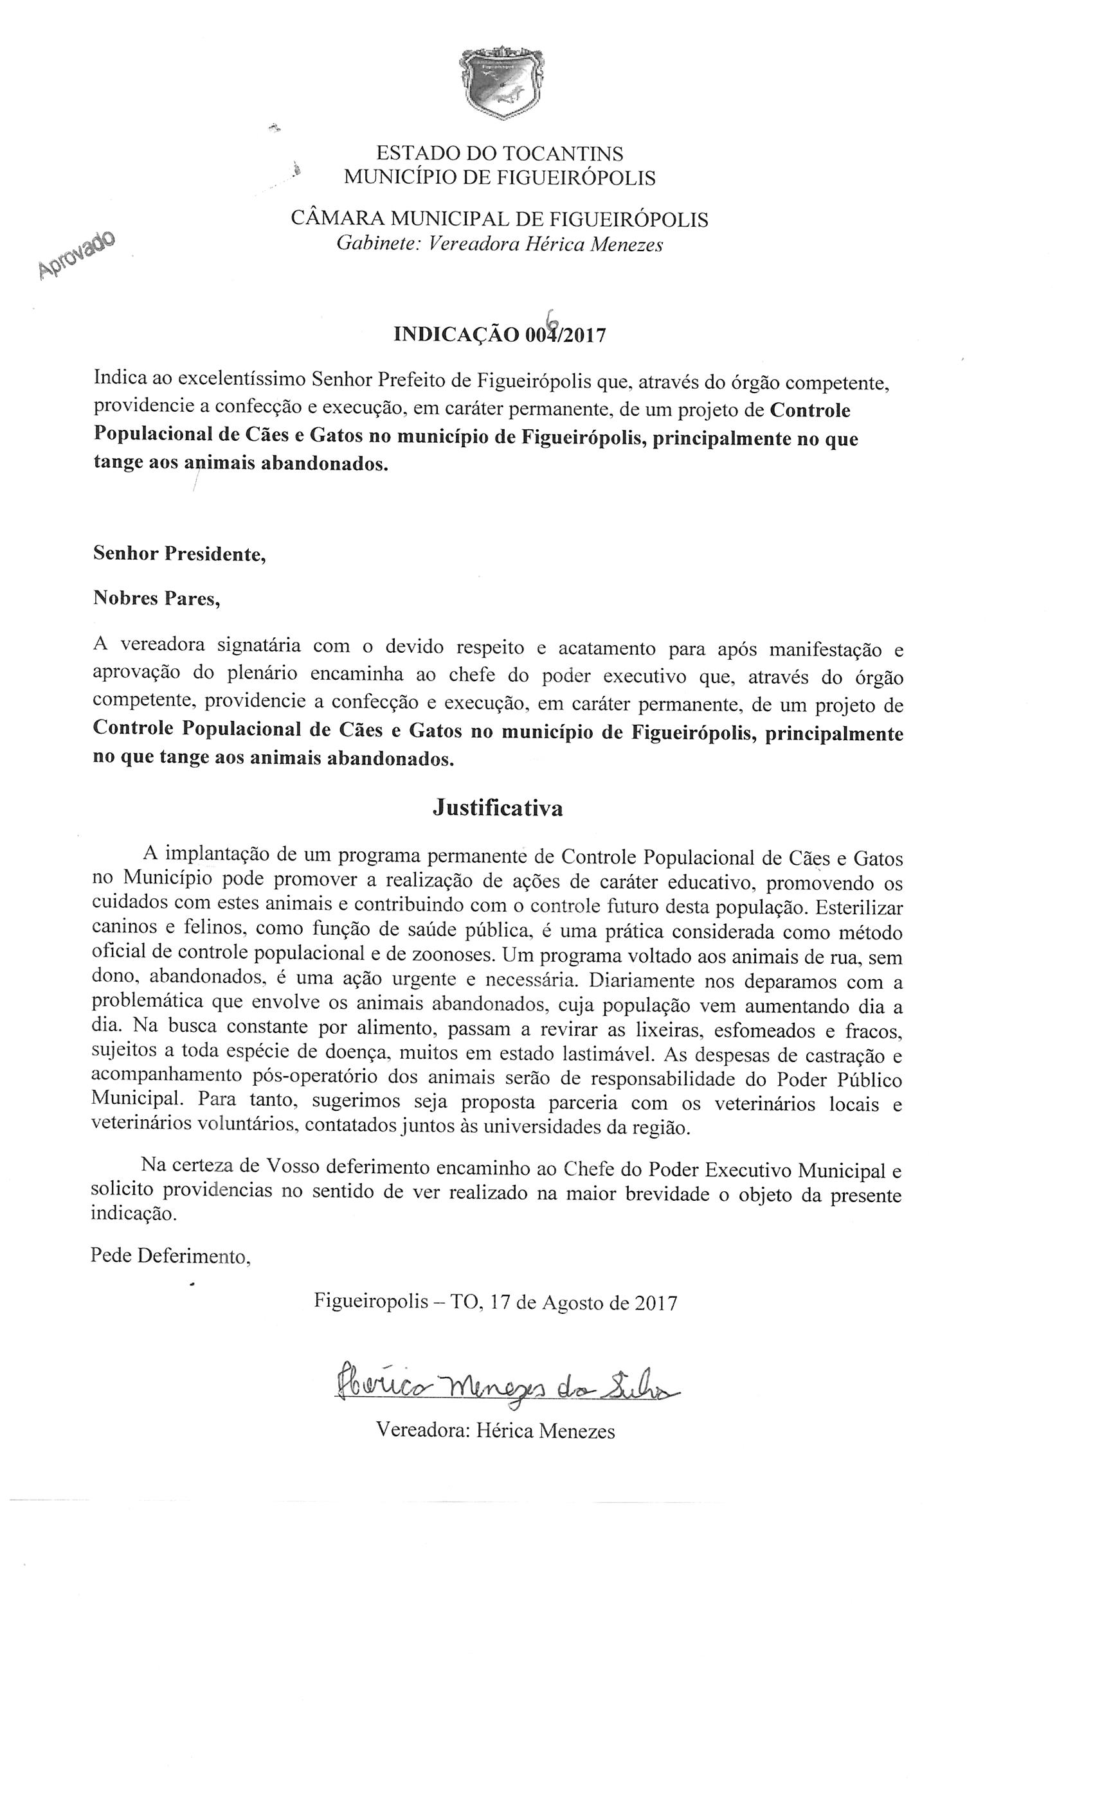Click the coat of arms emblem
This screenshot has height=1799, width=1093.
pos(501,81)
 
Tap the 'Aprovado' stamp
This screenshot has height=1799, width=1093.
pos(77,253)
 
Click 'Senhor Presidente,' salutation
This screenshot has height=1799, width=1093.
pos(179,553)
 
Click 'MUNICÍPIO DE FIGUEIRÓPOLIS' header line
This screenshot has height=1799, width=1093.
pos(500,177)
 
